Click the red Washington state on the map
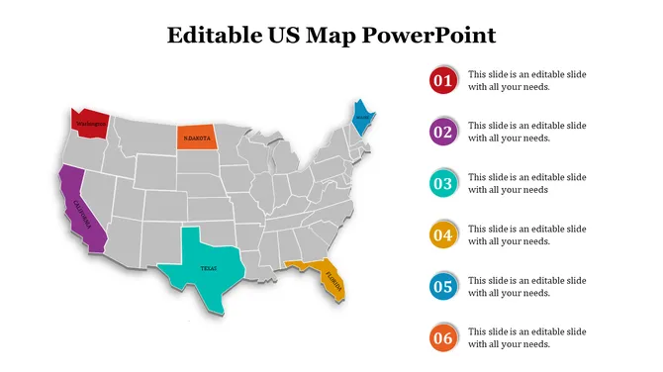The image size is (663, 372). [89, 122]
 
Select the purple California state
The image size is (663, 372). [77, 208]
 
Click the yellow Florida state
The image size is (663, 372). [327, 277]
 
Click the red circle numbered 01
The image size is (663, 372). [442, 80]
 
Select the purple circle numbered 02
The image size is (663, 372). [442, 132]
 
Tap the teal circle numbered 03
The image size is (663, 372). [442, 183]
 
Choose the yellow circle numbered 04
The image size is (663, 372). [442, 235]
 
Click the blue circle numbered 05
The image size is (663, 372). [442, 287]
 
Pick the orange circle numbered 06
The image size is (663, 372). [442, 338]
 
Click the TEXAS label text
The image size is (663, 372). [208, 268]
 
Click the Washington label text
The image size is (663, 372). [89, 124]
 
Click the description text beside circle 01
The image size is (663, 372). [526, 80]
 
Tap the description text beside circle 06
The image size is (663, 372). [526, 338]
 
